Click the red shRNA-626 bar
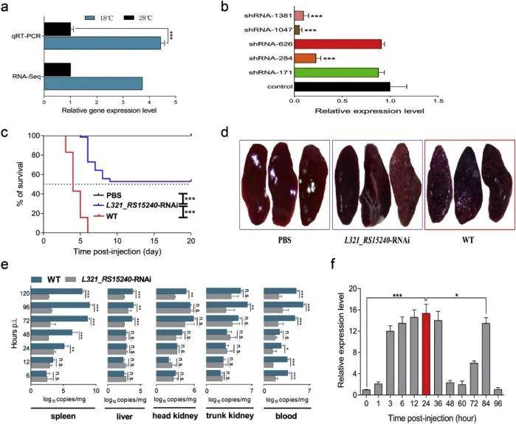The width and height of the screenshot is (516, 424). pyautogui.click(x=337, y=44)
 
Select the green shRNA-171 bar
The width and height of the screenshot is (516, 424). pyautogui.click(x=336, y=72)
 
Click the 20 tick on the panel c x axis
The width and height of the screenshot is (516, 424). pyautogui.click(x=191, y=240)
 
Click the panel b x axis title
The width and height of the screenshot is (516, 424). pyautogui.click(x=364, y=109)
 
